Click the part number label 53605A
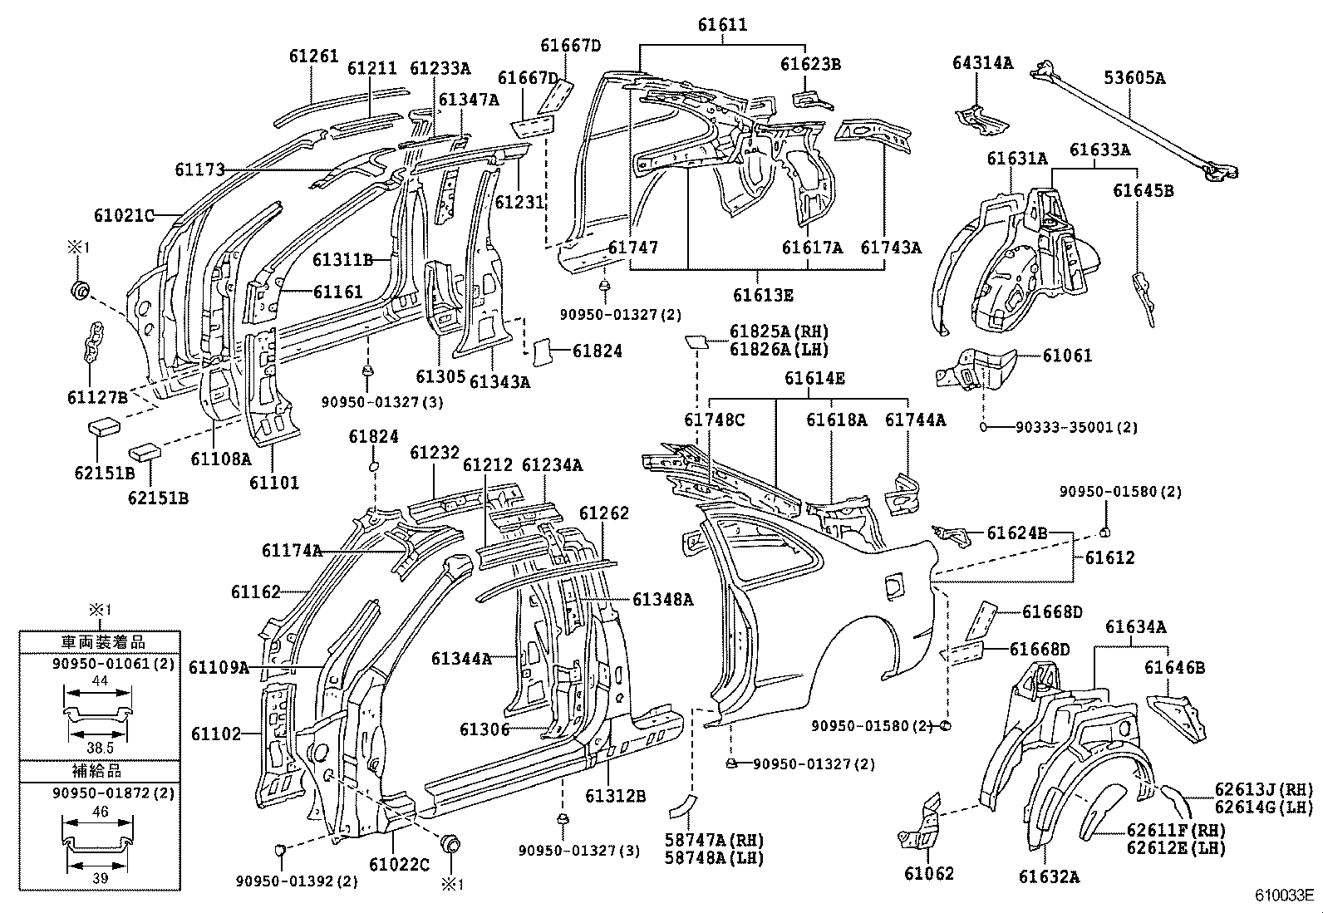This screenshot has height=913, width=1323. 1134,78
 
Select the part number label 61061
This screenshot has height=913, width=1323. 1067,355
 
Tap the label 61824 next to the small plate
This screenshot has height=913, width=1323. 597,351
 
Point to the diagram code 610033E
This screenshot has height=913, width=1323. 1284,896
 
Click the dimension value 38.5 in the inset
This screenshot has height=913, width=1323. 99,748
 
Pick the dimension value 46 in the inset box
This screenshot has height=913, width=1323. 100,812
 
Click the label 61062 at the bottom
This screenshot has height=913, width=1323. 929,873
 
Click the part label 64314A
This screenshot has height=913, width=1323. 982,61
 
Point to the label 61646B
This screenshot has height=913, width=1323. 1174,667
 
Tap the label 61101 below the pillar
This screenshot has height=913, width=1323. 274,482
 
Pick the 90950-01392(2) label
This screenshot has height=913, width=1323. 297,881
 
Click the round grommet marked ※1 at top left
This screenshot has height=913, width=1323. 80,291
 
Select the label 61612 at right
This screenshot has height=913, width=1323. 1109,557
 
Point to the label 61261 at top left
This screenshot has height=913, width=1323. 314,56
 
